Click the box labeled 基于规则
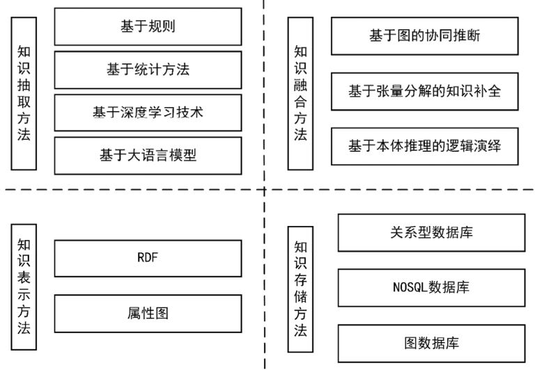(148, 26)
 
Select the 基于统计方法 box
(148, 70)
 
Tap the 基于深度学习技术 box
(148, 113)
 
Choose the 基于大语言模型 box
(148, 156)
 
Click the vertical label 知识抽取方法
(24, 94)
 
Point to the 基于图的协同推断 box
(425, 35)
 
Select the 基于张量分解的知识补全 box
(425, 91)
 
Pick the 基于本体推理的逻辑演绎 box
(425, 147)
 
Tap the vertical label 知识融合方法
(301, 94)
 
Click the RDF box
(148, 258)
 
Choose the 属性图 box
(148, 314)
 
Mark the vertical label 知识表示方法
(24, 287)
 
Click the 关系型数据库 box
(432, 233)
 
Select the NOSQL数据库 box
(432, 288)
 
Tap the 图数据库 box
(432, 344)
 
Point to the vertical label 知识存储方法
(301, 289)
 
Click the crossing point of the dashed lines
(264, 189)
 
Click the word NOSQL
(410, 287)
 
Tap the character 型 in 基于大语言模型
(189, 155)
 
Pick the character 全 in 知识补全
(494, 91)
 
